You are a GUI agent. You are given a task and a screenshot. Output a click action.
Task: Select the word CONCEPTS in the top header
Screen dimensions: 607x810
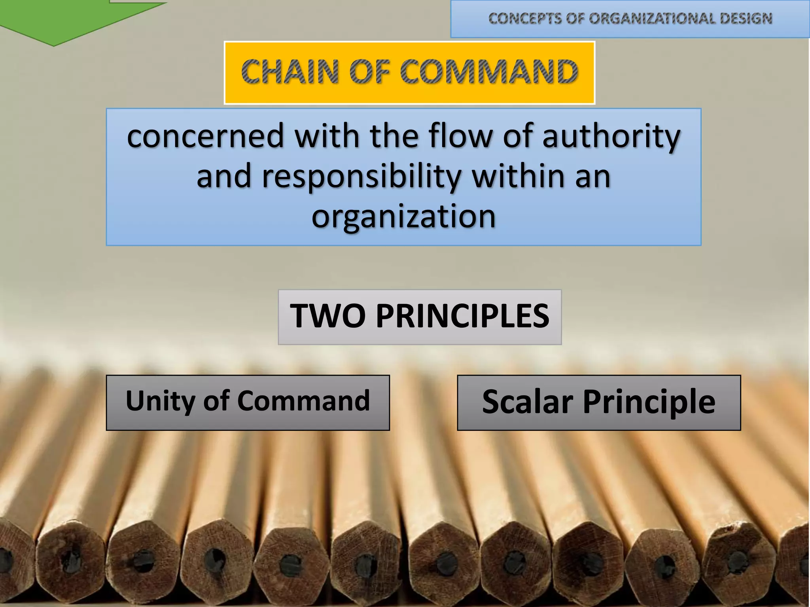point(524,19)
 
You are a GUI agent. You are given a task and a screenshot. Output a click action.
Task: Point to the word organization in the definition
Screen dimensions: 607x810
point(403,216)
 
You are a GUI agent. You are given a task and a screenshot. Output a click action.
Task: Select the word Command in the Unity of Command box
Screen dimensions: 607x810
point(304,401)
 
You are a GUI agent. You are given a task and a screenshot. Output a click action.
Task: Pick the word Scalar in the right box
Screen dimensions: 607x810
point(527,402)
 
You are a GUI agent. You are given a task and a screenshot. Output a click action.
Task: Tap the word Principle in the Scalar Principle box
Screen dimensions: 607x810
point(649,402)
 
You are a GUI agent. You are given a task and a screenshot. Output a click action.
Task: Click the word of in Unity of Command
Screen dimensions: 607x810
point(216,401)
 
